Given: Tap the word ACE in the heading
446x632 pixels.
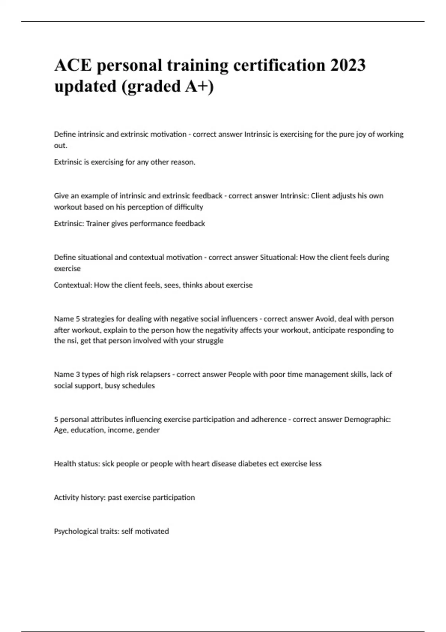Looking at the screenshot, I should click(x=73, y=65).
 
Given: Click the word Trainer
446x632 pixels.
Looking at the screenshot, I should click(x=98, y=223).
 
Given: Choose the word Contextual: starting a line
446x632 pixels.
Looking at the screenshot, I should click(x=73, y=285).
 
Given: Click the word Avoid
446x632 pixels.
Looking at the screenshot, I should click(x=325, y=319).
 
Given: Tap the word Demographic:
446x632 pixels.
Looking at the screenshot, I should click(x=367, y=419).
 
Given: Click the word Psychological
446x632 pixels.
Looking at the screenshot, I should click(x=77, y=531).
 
